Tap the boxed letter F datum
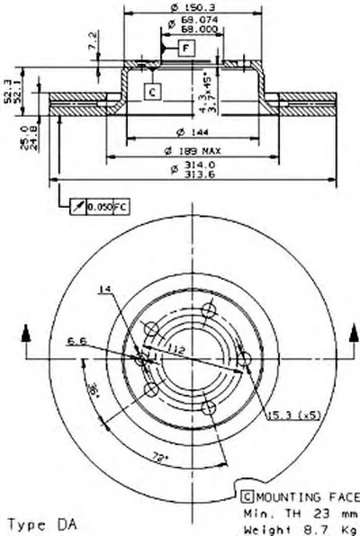[x=184, y=46]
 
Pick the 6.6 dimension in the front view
[x=75, y=340]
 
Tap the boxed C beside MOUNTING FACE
[x=245, y=496]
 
